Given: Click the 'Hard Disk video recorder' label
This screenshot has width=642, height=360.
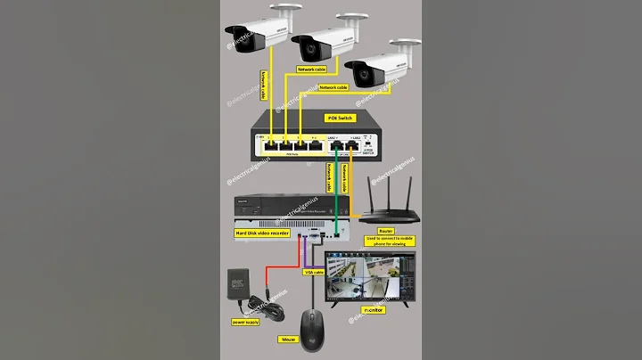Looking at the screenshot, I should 262,233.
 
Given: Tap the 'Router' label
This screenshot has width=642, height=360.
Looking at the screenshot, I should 386,229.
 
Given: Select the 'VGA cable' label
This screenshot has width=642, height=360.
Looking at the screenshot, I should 314,271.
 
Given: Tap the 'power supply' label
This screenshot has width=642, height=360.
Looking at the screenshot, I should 246,320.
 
